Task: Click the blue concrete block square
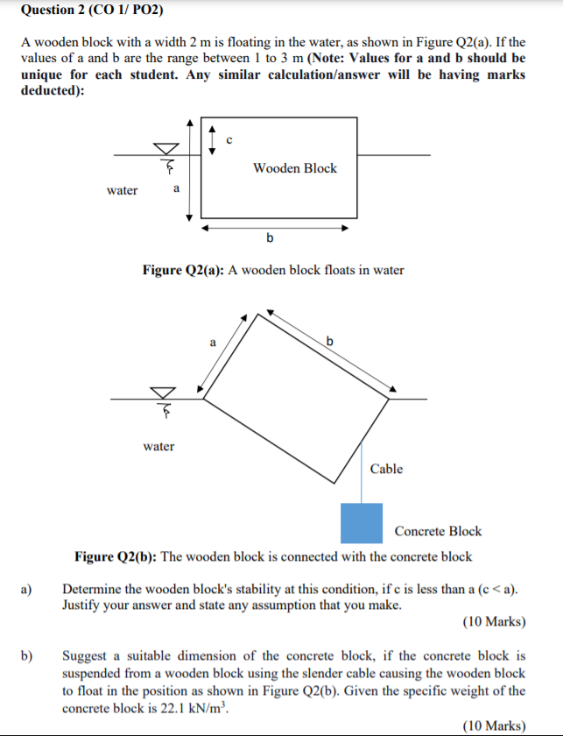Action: (x=362, y=523)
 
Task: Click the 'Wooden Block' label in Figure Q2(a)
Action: (x=294, y=168)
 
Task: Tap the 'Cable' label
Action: (x=386, y=469)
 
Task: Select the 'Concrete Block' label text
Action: (x=438, y=530)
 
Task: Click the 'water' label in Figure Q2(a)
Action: (x=122, y=190)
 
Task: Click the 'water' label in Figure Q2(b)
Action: (x=158, y=446)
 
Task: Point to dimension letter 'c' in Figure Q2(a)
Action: (x=229, y=138)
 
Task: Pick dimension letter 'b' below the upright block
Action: (x=270, y=237)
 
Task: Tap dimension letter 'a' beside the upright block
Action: (x=177, y=188)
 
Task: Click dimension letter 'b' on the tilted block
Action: (x=330, y=339)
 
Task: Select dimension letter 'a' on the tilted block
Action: (x=212, y=343)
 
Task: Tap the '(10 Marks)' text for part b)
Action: (x=494, y=725)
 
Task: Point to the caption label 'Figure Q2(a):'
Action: (x=183, y=270)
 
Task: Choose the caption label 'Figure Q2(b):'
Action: (x=116, y=556)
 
